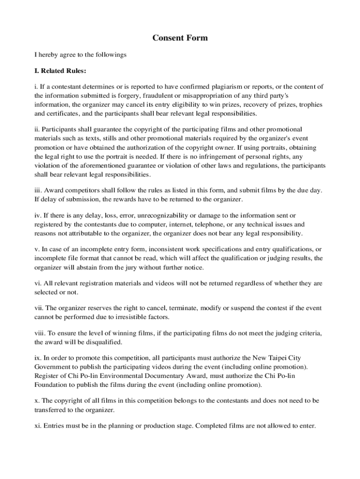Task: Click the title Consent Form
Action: tap(180, 38)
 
